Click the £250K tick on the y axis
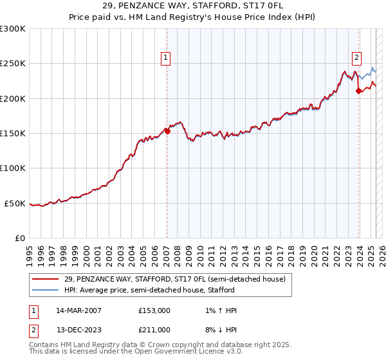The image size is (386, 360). pos(13,64)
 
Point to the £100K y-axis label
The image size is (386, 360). pos(13,168)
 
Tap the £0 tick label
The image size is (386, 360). pos(19,238)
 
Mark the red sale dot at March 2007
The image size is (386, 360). pos(167,131)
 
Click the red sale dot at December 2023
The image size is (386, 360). pos(358,91)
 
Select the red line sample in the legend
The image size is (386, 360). pos(46,279)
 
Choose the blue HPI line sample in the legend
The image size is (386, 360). pos(46,290)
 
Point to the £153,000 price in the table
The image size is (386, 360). pos(154,310)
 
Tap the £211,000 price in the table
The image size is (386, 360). pos(154,330)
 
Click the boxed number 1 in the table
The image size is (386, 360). pos(33,310)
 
